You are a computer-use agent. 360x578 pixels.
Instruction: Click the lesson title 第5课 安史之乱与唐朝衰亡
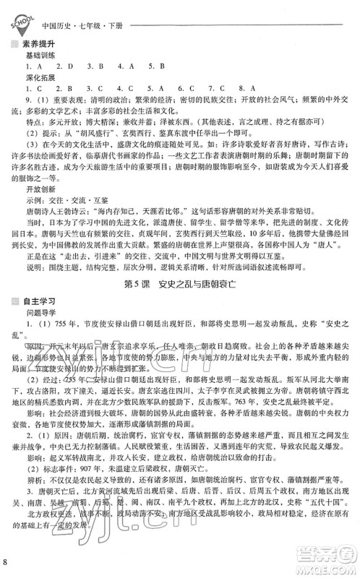click(x=181, y=302)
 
